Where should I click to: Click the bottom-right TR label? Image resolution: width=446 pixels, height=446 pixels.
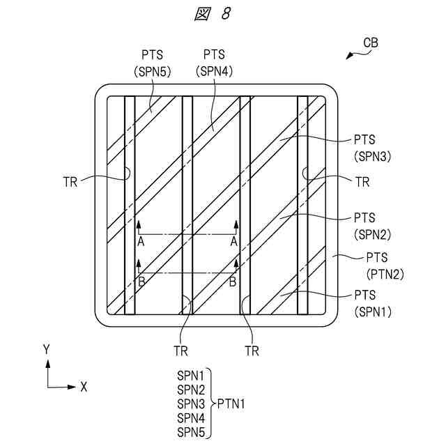click(x=252, y=351)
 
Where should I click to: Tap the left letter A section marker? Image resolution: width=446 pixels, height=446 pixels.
click(x=141, y=240)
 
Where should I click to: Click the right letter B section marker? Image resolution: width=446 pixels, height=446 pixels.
click(x=233, y=282)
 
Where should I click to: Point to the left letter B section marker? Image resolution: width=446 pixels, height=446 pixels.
click(x=141, y=282)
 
